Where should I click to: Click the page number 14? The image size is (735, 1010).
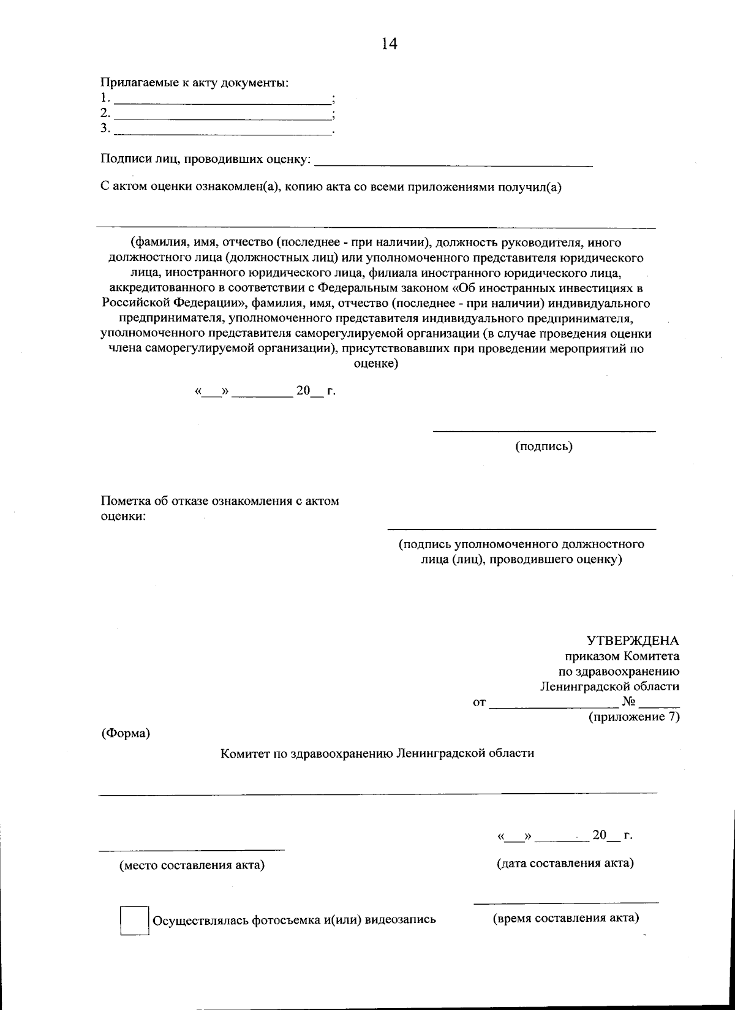point(389,43)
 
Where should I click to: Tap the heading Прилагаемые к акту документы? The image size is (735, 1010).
point(194,83)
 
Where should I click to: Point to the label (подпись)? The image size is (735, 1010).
point(543,447)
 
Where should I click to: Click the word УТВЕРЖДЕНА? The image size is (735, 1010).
point(633,641)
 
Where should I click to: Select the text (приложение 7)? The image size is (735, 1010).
point(634,717)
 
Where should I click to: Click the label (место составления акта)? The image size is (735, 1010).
point(192,865)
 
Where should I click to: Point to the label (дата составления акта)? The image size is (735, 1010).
point(565,863)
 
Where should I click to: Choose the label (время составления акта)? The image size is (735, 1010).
point(566,918)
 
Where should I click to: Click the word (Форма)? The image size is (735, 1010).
point(126,733)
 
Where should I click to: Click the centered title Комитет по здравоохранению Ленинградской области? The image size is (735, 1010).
point(377,753)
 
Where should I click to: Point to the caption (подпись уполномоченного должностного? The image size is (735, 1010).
point(521,544)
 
